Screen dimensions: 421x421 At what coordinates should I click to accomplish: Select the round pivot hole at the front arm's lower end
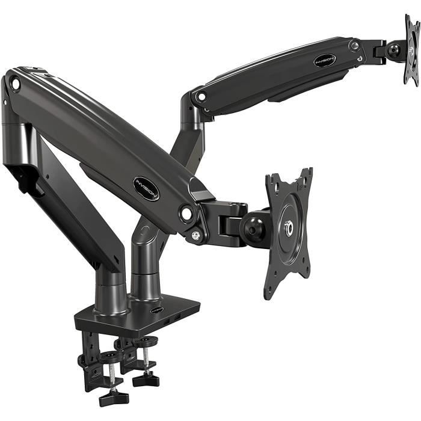coord(186,213)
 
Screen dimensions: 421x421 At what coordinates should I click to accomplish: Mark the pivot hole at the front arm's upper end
coord(15,84)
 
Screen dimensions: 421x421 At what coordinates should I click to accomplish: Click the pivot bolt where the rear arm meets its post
coord(201,96)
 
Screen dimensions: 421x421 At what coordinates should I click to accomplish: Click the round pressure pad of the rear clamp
coord(146,342)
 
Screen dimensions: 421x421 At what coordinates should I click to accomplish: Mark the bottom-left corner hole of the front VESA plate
coord(269,292)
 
